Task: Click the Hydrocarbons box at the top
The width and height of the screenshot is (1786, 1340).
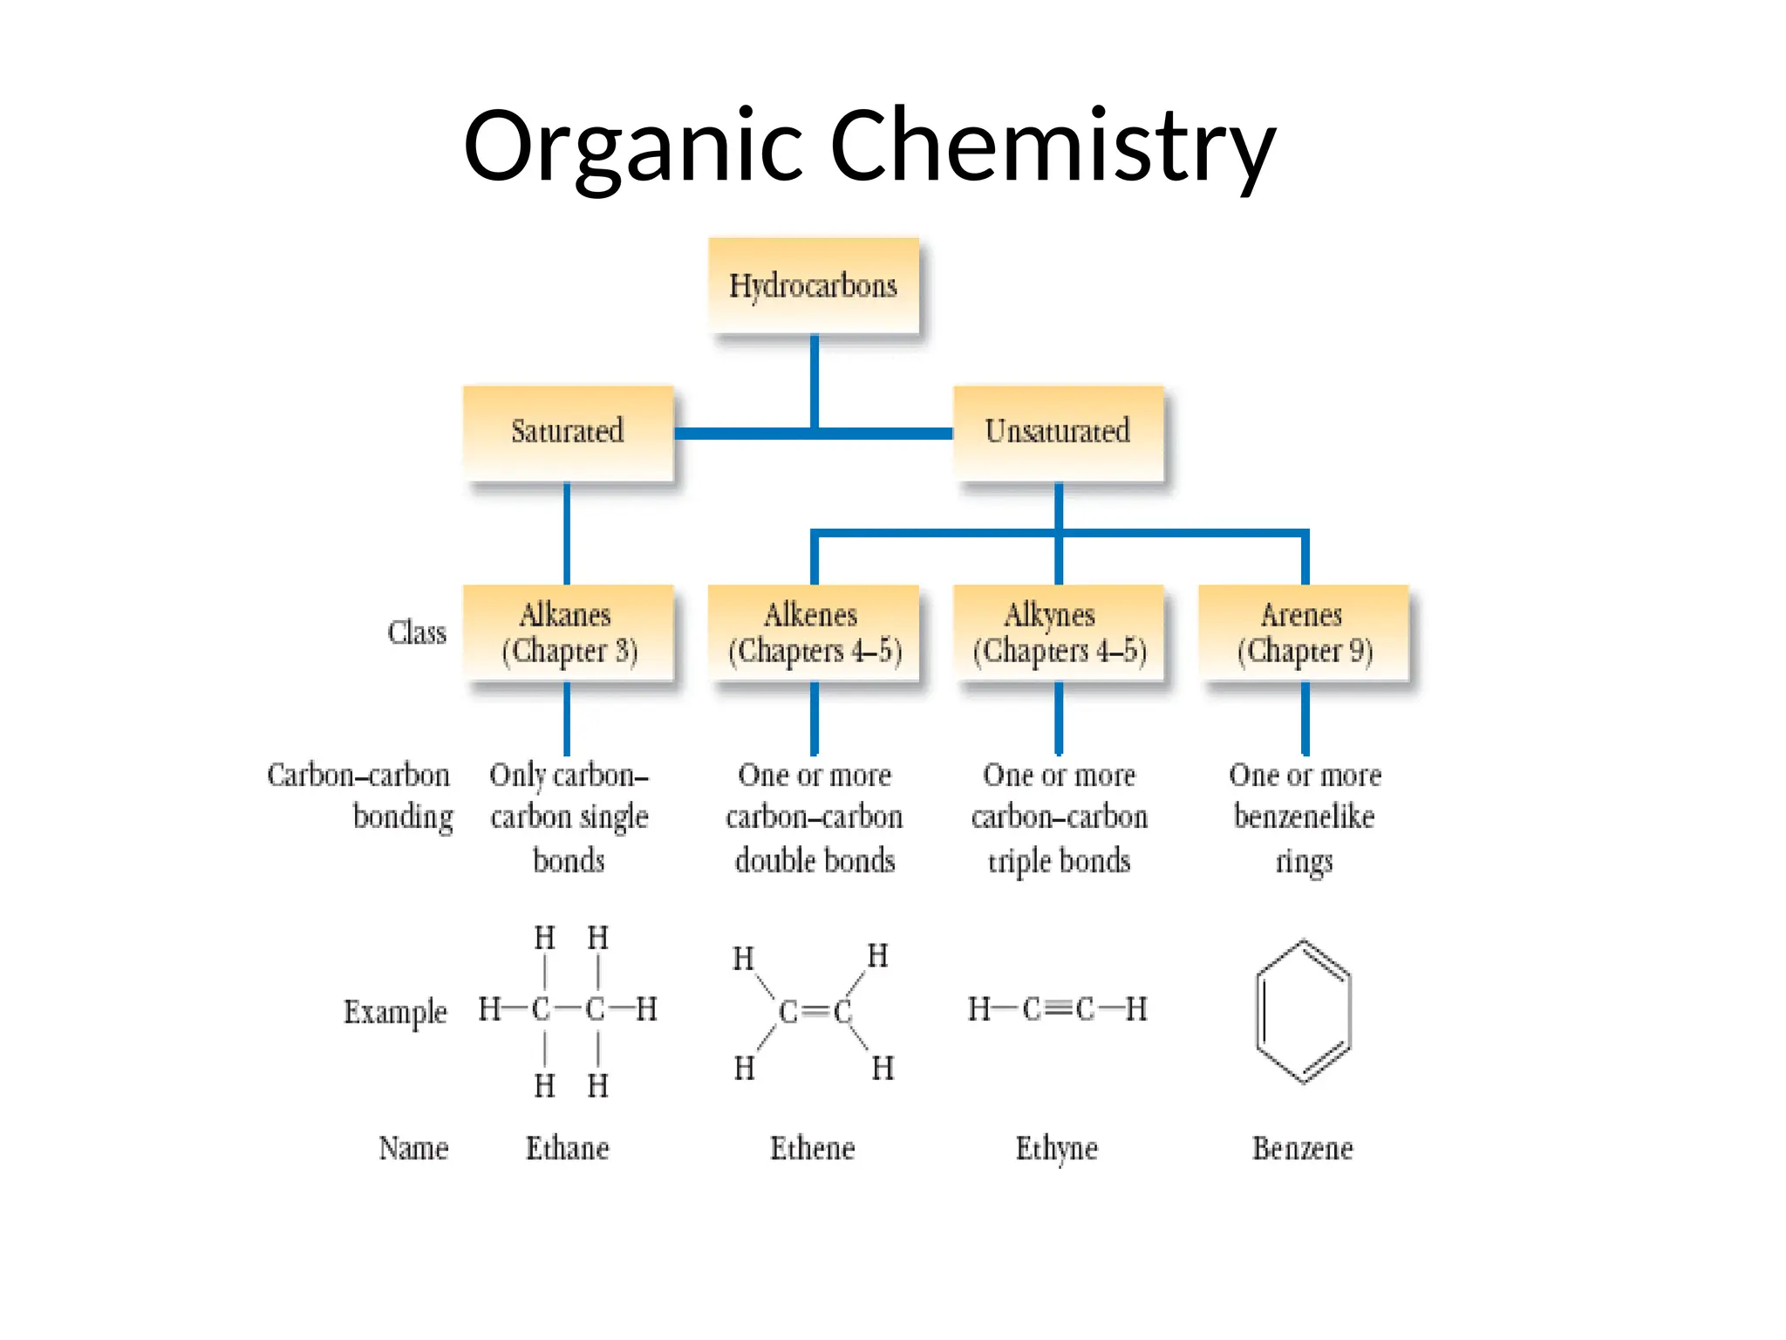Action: (813, 285)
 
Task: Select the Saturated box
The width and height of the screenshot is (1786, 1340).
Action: (568, 432)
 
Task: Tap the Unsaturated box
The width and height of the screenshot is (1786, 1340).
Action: (1058, 432)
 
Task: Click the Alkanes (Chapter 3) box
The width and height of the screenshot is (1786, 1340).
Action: (568, 632)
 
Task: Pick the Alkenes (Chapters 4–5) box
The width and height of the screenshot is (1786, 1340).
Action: (814, 632)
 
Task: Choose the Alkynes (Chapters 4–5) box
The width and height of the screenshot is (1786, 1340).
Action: (1059, 632)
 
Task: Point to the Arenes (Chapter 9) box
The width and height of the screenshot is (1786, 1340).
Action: (1304, 632)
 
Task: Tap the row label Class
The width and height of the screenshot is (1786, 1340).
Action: (417, 632)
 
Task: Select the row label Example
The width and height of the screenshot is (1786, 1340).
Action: (395, 1012)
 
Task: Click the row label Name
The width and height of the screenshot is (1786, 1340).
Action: (413, 1148)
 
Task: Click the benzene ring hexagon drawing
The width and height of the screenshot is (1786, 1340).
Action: (1303, 1011)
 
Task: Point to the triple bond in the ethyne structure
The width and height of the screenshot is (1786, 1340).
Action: (1058, 1009)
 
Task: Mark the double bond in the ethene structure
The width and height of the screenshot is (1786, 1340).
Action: (815, 1011)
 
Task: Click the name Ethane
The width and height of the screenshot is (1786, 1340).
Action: (568, 1148)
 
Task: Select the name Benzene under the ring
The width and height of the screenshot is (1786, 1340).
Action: (1303, 1148)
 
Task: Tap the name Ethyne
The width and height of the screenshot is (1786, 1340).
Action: (1057, 1149)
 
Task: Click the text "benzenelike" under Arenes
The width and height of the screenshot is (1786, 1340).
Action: (1304, 817)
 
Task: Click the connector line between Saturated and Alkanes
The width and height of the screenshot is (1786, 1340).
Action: (567, 533)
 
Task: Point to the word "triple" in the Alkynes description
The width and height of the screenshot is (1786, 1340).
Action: (1019, 861)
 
